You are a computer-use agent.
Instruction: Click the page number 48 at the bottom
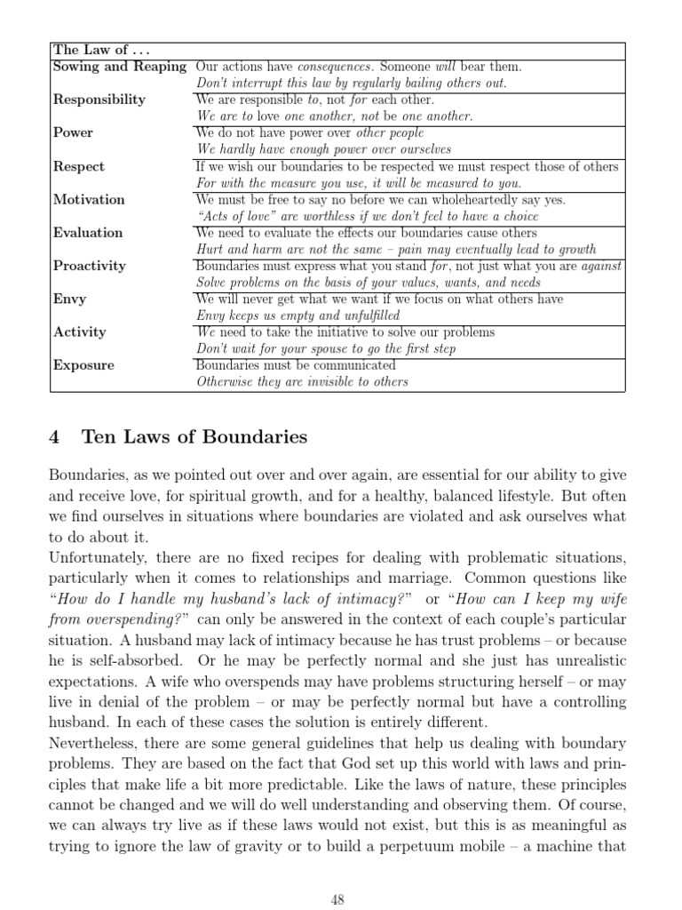(337, 899)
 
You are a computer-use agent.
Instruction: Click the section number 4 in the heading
(54, 437)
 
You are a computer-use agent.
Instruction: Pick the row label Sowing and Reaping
(119, 67)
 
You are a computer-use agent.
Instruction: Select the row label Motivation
(89, 199)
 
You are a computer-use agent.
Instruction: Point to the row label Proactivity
(90, 266)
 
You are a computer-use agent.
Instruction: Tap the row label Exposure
(83, 365)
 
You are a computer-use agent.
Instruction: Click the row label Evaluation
(88, 233)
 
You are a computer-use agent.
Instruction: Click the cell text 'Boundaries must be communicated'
(295, 365)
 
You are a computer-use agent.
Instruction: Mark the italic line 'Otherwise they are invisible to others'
(301, 382)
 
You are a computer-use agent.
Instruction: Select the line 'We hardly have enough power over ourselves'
(323, 149)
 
